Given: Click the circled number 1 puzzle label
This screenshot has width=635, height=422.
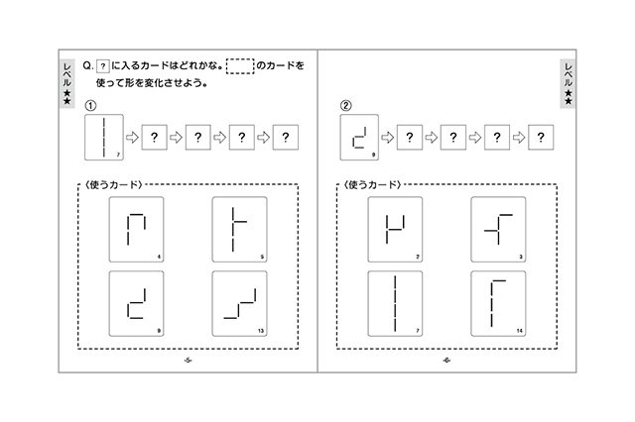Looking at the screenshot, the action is [x=90, y=106].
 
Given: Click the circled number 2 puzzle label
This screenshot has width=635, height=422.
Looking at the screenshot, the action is [x=345, y=106].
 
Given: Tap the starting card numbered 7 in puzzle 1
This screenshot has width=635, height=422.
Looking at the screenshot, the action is [x=104, y=138].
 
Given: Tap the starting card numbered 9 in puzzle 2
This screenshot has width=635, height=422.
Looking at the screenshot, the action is [x=359, y=138].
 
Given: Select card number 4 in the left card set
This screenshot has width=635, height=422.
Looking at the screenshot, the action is [x=137, y=230].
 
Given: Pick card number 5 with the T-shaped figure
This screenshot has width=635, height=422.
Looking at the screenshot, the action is [x=240, y=230].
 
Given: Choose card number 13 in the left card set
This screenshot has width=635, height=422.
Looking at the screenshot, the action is [x=240, y=303].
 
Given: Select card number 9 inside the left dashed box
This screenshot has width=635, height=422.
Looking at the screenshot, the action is [x=137, y=303].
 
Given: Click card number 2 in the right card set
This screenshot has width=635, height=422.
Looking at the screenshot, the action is [x=395, y=230].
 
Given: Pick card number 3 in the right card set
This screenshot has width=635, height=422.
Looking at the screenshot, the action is [x=498, y=230].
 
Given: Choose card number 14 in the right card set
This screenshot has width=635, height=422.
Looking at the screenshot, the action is [x=498, y=303].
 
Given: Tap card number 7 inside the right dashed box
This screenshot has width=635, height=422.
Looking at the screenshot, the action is [x=395, y=303].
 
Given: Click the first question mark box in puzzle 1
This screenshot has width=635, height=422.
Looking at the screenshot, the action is [x=155, y=138].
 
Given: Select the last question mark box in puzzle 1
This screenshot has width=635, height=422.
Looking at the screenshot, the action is [x=286, y=138].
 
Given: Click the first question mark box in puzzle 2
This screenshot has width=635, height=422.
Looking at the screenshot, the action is [x=410, y=138].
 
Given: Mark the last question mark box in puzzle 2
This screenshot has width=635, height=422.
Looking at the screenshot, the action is [x=541, y=138].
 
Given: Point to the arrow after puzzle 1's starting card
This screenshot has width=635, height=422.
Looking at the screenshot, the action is [x=132, y=138].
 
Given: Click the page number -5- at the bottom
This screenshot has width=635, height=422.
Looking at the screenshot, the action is [x=188, y=361].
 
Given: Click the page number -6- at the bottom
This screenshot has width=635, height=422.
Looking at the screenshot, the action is [x=446, y=361].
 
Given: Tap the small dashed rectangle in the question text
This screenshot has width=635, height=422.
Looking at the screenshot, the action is [x=240, y=66].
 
